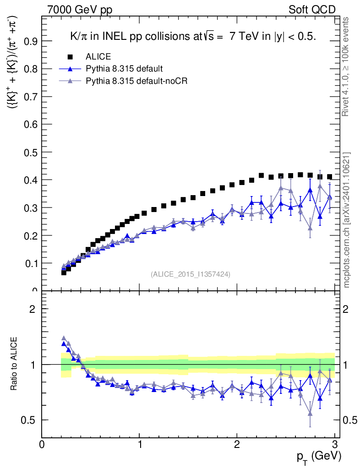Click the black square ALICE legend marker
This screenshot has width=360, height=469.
pyautogui.click(x=70, y=57)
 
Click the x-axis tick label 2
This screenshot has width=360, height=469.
pyautogui.click(x=237, y=444)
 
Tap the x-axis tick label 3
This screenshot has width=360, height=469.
pyautogui.click(x=334, y=444)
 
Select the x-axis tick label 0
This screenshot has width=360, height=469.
pyautogui.click(x=42, y=444)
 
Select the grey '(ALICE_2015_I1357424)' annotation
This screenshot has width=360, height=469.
pyautogui.click(x=191, y=274)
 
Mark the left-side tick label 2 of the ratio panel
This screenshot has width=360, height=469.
pyautogui.click(x=33, y=309)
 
